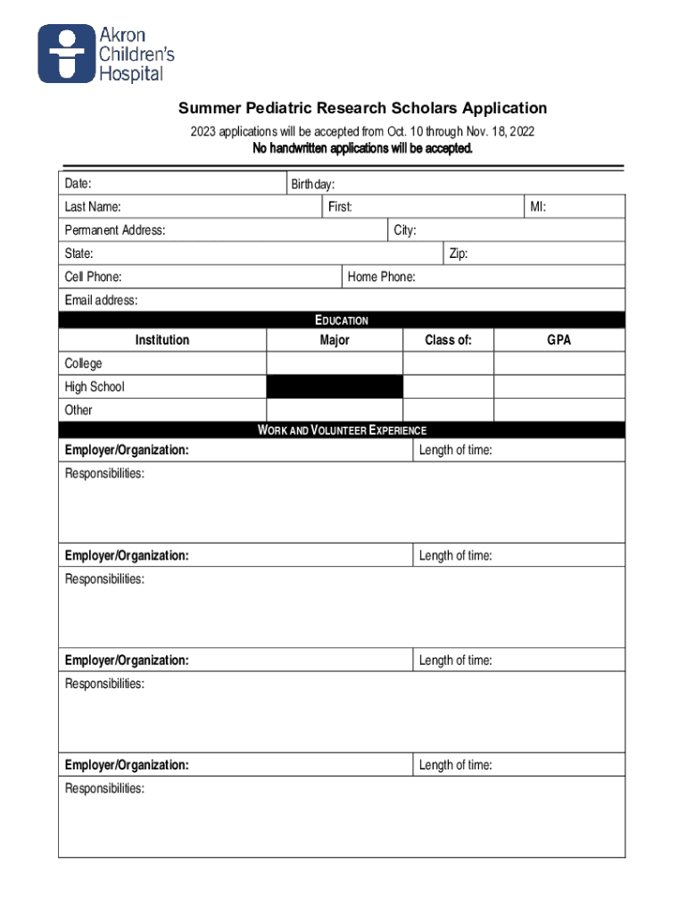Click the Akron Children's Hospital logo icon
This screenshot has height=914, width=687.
pyautogui.click(x=66, y=54)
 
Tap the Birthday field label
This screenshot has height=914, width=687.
pyautogui.click(x=313, y=185)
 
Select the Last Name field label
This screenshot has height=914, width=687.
pyautogui.click(x=93, y=208)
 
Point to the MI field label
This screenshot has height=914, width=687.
pyautogui.click(x=538, y=208)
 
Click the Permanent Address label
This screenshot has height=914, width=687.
pyautogui.click(x=114, y=231)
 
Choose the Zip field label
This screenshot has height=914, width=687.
pyautogui.click(x=459, y=254)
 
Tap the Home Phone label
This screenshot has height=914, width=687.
pyautogui.click(x=381, y=278)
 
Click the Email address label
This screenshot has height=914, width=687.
pyautogui.click(x=101, y=301)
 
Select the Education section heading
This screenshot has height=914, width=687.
pyautogui.click(x=342, y=320)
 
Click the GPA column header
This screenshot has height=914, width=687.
pyautogui.click(x=559, y=340)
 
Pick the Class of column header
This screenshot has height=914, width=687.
pyautogui.click(x=448, y=340)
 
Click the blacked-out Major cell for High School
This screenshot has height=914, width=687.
pyautogui.click(x=335, y=386)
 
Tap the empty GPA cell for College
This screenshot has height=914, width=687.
pyautogui.click(x=559, y=363)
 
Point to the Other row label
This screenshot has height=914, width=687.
pyautogui.click(x=79, y=411)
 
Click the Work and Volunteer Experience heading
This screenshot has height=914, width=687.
pyautogui.click(x=342, y=430)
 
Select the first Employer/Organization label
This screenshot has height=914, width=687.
pyautogui.click(x=127, y=451)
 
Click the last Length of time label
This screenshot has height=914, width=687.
pyautogui.click(x=455, y=766)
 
